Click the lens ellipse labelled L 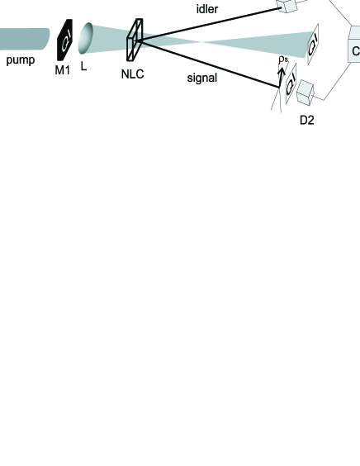[x=85, y=40]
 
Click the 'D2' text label [x=306, y=120]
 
